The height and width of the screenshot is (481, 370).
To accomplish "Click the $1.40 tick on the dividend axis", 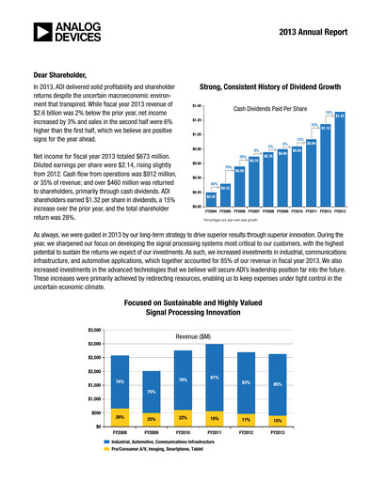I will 198,106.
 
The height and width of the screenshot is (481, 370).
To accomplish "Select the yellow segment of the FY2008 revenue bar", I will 120,416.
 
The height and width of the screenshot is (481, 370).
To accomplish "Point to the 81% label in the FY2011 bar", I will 215,378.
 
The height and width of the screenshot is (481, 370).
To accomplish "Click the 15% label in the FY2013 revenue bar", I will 277,419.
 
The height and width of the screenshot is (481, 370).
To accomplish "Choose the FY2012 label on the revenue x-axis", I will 246,432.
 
